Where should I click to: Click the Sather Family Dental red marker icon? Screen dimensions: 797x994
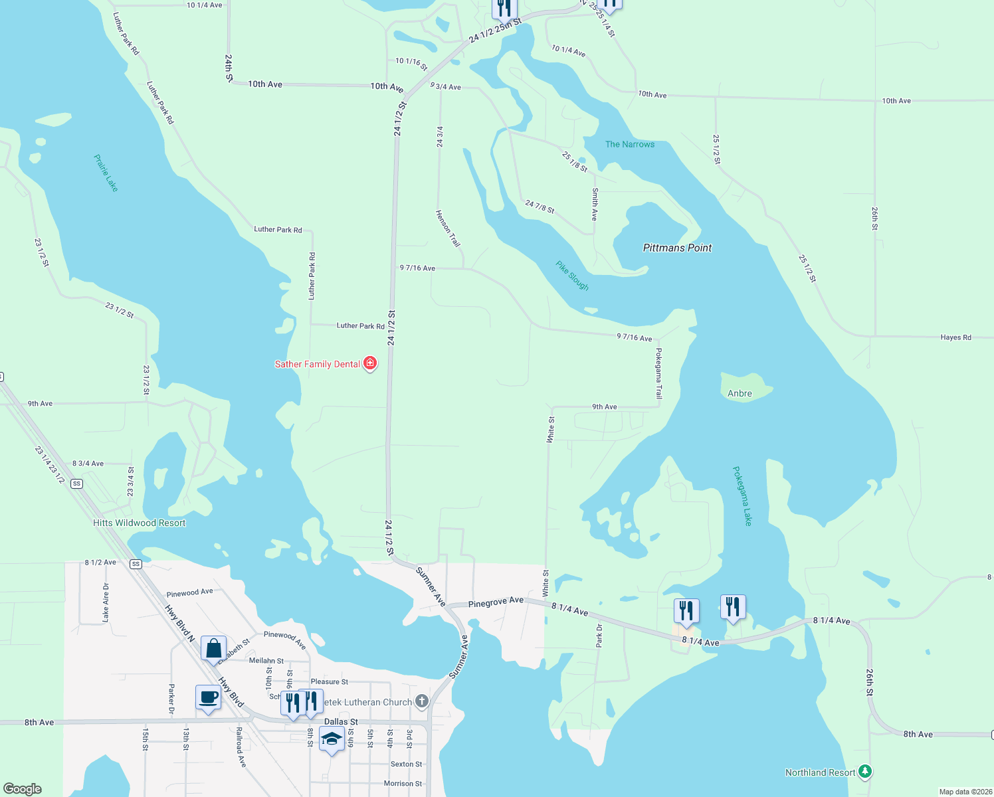(370, 363)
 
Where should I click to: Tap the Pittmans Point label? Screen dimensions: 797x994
(677, 248)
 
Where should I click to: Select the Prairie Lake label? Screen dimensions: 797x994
(106, 173)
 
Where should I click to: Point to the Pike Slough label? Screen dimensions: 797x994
(572, 276)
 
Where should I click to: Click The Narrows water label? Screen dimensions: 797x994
(629, 144)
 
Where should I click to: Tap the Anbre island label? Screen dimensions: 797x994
(740, 393)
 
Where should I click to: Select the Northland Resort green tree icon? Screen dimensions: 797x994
(864, 772)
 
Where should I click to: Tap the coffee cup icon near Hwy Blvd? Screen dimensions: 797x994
(208, 697)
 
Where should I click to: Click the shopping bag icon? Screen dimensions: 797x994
(213, 648)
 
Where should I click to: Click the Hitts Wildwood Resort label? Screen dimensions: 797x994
(140, 523)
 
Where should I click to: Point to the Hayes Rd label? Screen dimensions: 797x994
(955, 337)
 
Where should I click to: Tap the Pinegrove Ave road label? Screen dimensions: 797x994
(496, 602)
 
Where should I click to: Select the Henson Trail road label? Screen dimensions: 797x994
(448, 228)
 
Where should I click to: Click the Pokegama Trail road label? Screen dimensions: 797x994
(658, 373)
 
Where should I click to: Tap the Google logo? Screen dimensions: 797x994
(23, 789)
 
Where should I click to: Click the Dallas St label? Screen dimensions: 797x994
(341, 722)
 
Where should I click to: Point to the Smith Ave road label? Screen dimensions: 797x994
(595, 204)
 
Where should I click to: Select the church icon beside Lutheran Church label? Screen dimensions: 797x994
(421, 701)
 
